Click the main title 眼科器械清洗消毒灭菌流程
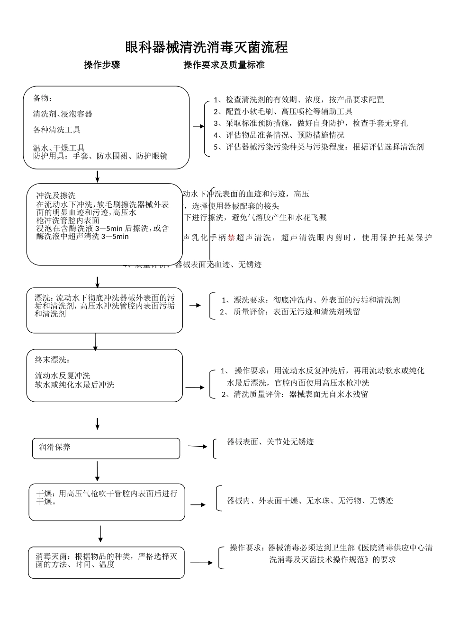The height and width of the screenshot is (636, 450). point(207,47)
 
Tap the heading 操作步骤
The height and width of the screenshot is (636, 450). point(102,65)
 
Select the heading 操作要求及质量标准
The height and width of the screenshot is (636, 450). point(224,65)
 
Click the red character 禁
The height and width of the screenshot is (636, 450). point(231,238)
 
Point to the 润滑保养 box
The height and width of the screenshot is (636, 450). point(106,448)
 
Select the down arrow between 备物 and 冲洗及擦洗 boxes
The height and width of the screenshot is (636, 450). point(97,176)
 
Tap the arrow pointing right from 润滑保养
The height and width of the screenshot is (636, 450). point(198,446)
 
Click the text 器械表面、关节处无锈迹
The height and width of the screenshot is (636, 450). point(270,442)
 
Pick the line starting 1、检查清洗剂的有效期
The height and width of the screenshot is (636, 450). point(298,100)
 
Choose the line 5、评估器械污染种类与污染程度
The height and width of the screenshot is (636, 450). point(318,147)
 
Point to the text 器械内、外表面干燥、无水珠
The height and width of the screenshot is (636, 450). point(310,501)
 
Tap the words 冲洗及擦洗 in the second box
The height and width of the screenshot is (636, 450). point(56,195)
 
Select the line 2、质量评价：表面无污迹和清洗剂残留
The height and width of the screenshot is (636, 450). point(290,312)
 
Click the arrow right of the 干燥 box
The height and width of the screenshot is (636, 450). point(198,505)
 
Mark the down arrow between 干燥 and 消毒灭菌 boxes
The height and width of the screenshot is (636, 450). point(100,533)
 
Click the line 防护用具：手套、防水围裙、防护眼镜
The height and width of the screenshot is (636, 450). point(100,156)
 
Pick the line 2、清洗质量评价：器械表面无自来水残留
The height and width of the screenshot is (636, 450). point(295,394)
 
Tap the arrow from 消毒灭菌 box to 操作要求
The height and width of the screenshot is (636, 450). point(201,563)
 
